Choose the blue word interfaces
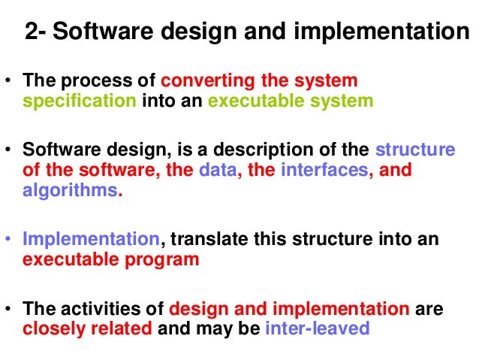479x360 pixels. click(x=325, y=170)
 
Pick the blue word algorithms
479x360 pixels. click(x=70, y=190)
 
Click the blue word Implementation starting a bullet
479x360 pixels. click(x=91, y=240)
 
